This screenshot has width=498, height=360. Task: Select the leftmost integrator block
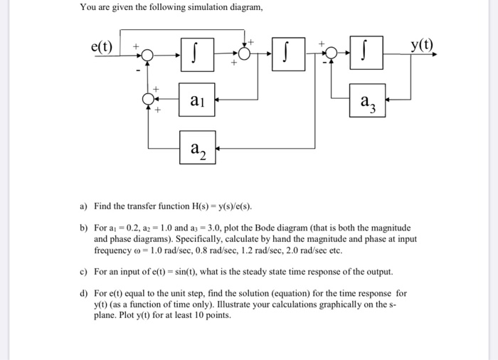click(198, 54)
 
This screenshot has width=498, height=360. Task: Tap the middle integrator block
click(287, 54)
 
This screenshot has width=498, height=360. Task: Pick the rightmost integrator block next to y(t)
click(367, 54)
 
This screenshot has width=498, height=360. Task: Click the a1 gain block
click(198, 102)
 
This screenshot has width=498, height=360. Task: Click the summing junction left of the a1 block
click(148, 100)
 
